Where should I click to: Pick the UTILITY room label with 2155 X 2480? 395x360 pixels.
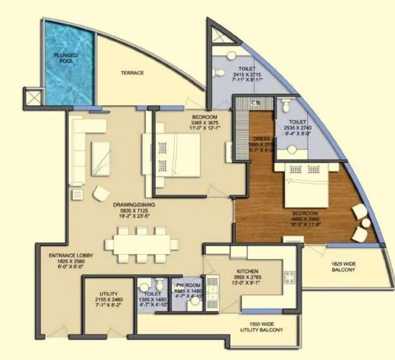108,293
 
